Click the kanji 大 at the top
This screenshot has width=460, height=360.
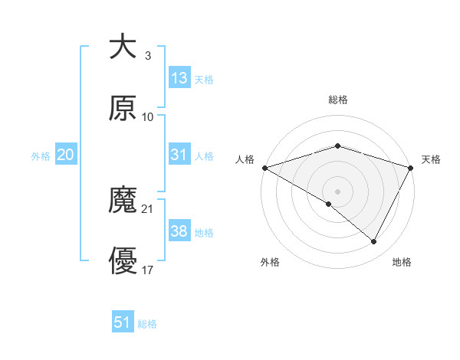(123, 47)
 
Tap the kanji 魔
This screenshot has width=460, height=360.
(123, 201)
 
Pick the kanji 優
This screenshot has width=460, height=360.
(123, 262)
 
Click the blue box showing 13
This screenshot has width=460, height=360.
(179, 78)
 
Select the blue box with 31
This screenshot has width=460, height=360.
(179, 155)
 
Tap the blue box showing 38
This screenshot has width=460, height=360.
(179, 231)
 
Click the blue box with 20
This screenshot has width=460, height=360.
(66, 155)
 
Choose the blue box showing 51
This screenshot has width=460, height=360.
(123, 322)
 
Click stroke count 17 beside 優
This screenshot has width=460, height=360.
(148, 270)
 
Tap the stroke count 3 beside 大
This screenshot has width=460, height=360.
(147, 55)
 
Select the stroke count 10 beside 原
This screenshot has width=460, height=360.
(148, 116)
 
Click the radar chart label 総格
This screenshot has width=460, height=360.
(337, 100)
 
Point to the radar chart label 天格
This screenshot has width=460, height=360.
(431, 159)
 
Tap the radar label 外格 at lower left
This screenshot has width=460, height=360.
(270, 263)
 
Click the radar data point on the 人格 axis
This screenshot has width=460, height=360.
(264, 167)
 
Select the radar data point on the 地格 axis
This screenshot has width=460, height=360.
(374, 241)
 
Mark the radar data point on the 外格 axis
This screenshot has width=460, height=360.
(329, 204)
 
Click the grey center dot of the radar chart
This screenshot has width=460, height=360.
(337, 191)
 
